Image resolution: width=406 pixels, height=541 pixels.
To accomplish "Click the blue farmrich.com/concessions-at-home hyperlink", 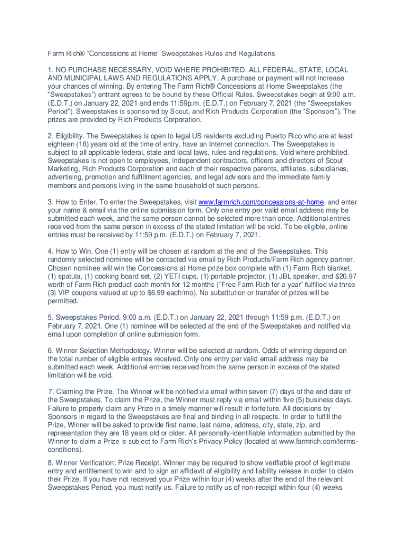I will coord(262,202).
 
